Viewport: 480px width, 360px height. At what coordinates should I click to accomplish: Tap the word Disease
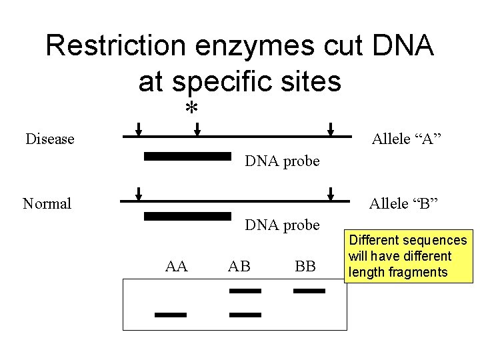(50, 139)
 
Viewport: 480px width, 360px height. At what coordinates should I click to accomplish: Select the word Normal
(47, 203)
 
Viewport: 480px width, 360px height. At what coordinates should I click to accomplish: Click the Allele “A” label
(407, 139)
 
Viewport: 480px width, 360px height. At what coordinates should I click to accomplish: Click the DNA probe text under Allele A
(282, 161)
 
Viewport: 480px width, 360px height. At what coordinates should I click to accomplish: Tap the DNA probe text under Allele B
(282, 225)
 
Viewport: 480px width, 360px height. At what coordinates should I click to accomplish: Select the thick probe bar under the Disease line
(187, 157)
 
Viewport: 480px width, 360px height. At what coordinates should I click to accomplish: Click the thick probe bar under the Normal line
(187, 215)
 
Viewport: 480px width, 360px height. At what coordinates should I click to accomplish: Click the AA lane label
(177, 267)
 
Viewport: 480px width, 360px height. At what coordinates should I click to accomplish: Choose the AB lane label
(240, 267)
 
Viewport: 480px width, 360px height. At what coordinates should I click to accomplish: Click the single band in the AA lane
(171, 315)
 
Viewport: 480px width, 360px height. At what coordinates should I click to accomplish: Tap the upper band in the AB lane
(245, 291)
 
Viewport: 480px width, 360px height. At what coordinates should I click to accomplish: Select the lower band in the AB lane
(245, 315)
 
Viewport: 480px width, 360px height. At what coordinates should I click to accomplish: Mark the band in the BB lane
(309, 291)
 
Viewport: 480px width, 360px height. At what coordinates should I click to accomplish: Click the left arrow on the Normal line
(139, 193)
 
